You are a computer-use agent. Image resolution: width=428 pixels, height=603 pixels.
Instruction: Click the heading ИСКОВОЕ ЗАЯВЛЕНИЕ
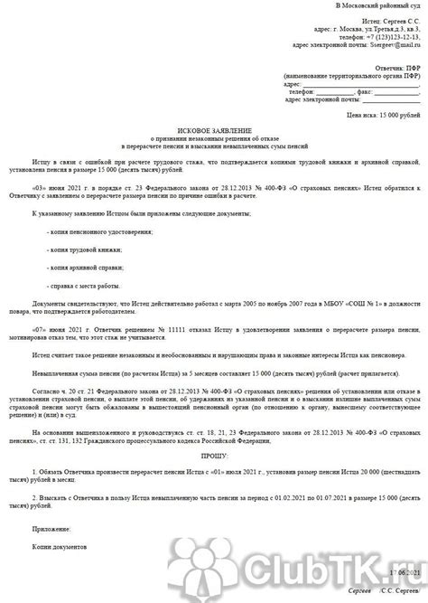[x=213, y=129]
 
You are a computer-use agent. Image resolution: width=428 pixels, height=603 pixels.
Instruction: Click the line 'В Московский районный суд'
[x=376, y=5]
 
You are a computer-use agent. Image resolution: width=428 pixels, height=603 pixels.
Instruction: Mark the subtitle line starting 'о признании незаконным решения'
[x=213, y=138]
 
